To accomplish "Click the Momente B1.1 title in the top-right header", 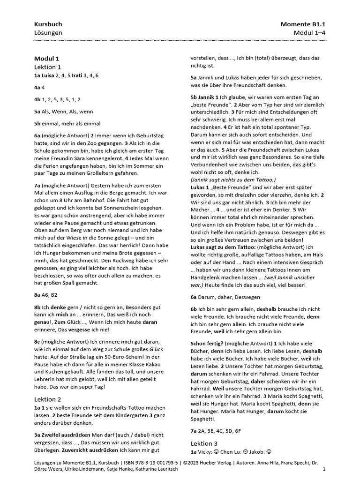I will point(303,24).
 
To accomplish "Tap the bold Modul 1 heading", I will point(46,59).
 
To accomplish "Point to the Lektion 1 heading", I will point(48,67).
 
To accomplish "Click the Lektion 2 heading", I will point(48,399).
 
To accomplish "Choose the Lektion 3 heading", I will point(204,443).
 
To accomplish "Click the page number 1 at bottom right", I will point(324,469).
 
